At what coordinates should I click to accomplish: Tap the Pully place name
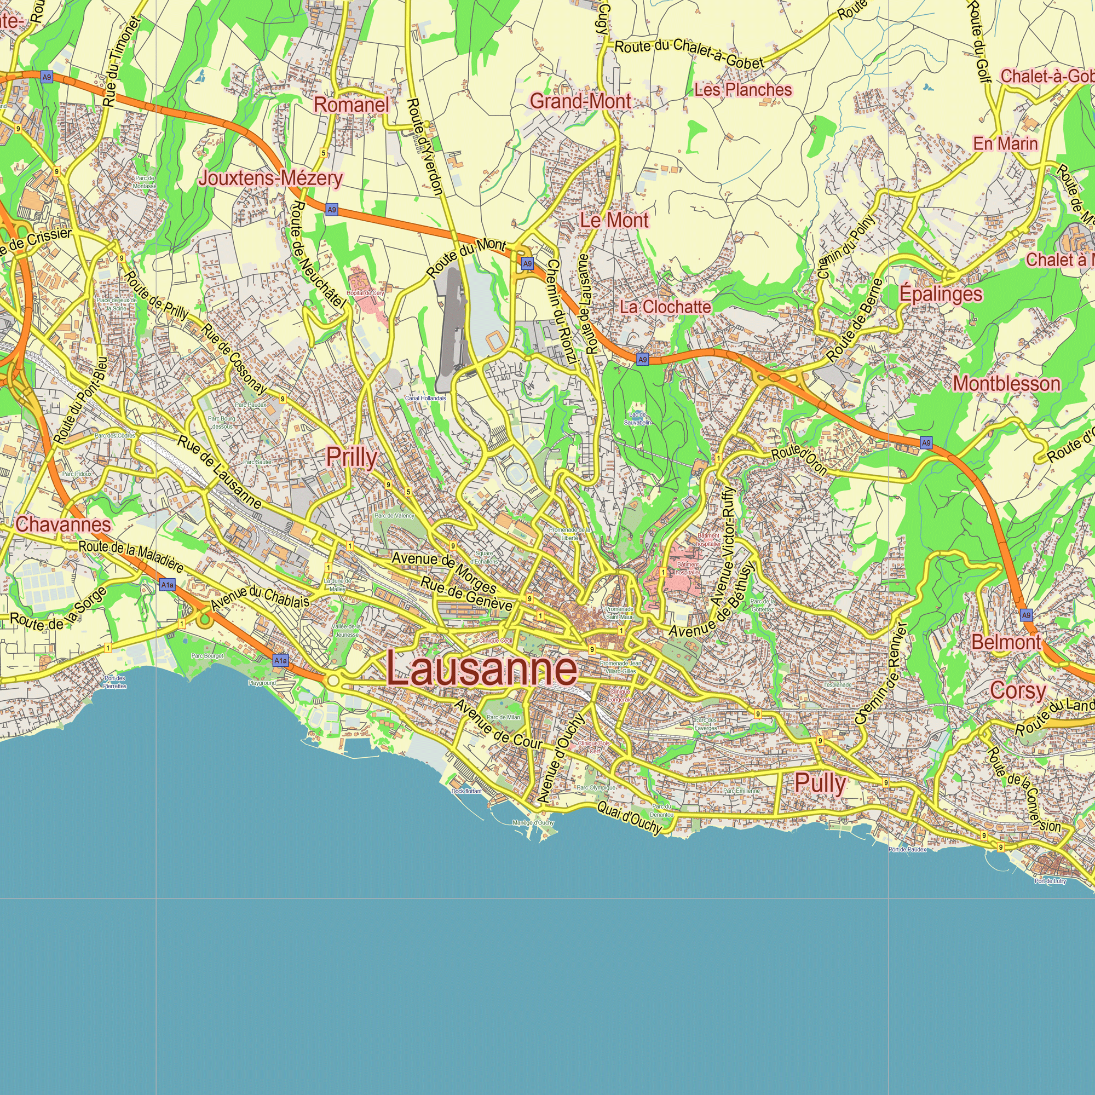click(820, 783)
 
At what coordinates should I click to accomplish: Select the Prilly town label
click(351, 457)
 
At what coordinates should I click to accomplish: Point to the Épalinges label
click(941, 293)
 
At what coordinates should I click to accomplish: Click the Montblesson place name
click(1006, 384)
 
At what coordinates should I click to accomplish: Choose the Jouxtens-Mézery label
click(270, 178)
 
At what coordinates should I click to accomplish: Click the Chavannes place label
click(63, 524)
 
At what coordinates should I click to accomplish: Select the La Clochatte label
click(665, 307)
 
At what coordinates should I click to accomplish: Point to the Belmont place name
click(1006, 642)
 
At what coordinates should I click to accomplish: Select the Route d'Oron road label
click(799, 460)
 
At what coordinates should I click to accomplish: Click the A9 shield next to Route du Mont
click(528, 263)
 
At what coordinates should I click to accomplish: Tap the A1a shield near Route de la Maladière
click(167, 584)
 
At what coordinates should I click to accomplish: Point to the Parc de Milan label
click(503, 718)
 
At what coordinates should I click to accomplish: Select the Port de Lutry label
click(1050, 881)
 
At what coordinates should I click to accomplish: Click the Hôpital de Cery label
click(365, 293)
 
